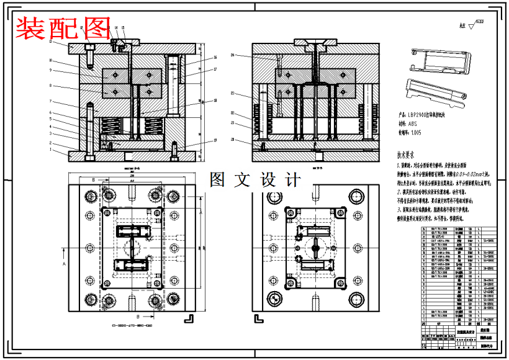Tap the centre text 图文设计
point(255,180)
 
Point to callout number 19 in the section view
point(215,140)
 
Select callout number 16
point(215,58)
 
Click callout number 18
point(215,100)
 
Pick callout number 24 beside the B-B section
point(232,55)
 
